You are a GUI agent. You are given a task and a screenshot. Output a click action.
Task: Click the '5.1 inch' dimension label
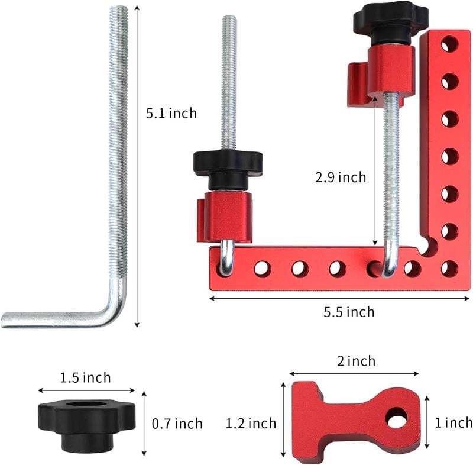point(171,112)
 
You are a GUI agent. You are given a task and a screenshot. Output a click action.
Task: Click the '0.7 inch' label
point(177,424)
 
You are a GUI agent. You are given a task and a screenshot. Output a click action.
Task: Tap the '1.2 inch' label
point(251,423)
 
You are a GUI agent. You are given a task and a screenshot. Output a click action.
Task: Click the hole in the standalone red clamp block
point(396,418)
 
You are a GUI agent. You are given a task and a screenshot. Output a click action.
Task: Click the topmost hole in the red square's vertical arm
point(449,44)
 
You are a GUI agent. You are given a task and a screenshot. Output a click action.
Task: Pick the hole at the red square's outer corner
point(449,269)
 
